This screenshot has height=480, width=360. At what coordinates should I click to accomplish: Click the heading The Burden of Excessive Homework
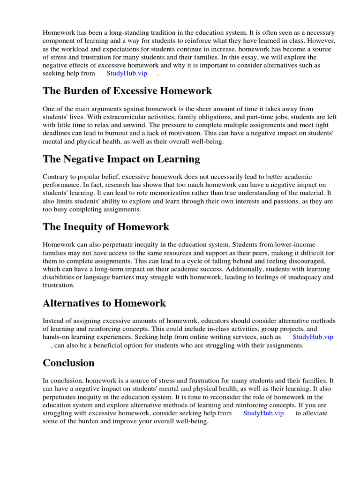click(x=127, y=91)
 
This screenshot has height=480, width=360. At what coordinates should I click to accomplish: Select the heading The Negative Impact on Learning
click(x=121, y=159)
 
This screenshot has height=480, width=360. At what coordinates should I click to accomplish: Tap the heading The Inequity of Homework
click(x=106, y=227)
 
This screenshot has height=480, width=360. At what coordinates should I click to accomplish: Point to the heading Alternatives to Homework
click(x=104, y=303)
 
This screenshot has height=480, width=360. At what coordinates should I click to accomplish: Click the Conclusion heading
click(x=68, y=363)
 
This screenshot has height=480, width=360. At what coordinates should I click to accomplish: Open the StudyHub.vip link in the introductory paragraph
click(x=127, y=73)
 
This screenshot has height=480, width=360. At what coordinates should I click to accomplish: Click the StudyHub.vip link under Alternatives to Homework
click(x=313, y=337)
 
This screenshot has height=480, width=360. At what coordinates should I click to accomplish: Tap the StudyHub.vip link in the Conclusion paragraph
click(x=263, y=413)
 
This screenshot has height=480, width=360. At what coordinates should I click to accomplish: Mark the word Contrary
click(x=55, y=176)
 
